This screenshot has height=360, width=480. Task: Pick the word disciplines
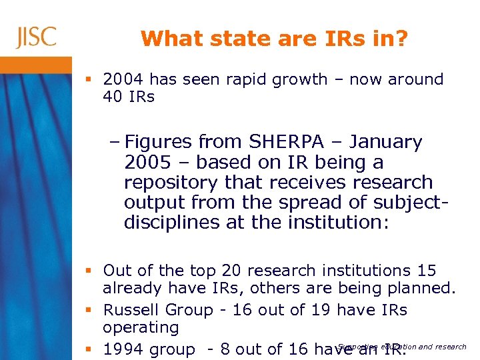(172, 222)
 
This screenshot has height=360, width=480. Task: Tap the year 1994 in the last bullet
(125, 349)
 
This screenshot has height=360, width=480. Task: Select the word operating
(141, 327)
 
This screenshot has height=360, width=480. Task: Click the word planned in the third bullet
(423, 288)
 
